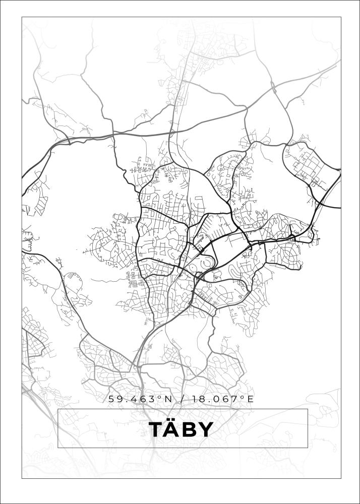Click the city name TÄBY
[x=181, y=429]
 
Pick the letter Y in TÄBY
[x=205, y=430]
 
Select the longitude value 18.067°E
[x=221, y=399]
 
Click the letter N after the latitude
[x=168, y=399]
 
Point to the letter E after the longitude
[x=250, y=399]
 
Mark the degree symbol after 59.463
[x=160, y=397]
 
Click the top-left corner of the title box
[x=58, y=409]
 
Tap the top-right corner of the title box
[x=308, y=409]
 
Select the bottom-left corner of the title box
[x=58, y=448]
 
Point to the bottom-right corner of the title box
[x=308, y=448]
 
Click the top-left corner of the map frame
[x=22, y=17]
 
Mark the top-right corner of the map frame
[x=341, y=17]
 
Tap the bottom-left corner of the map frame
[x=22, y=478]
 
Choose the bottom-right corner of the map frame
[x=341, y=478]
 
